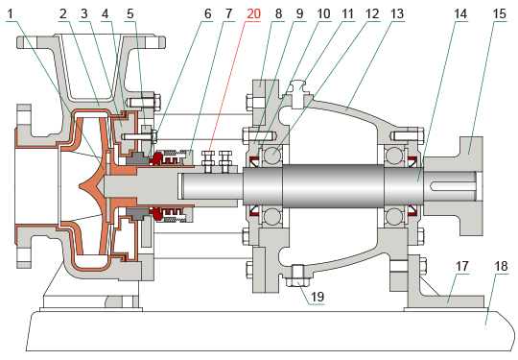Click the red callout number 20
tap(253, 13)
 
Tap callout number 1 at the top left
tap(11, 13)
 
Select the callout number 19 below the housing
tap(318, 297)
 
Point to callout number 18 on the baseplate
tap(501, 266)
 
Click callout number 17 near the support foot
tap(461, 266)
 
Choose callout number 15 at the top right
tap(500, 13)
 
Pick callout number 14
tap(460, 13)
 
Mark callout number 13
tap(397, 13)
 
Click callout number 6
tap(208, 13)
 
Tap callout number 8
tap(278, 13)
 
